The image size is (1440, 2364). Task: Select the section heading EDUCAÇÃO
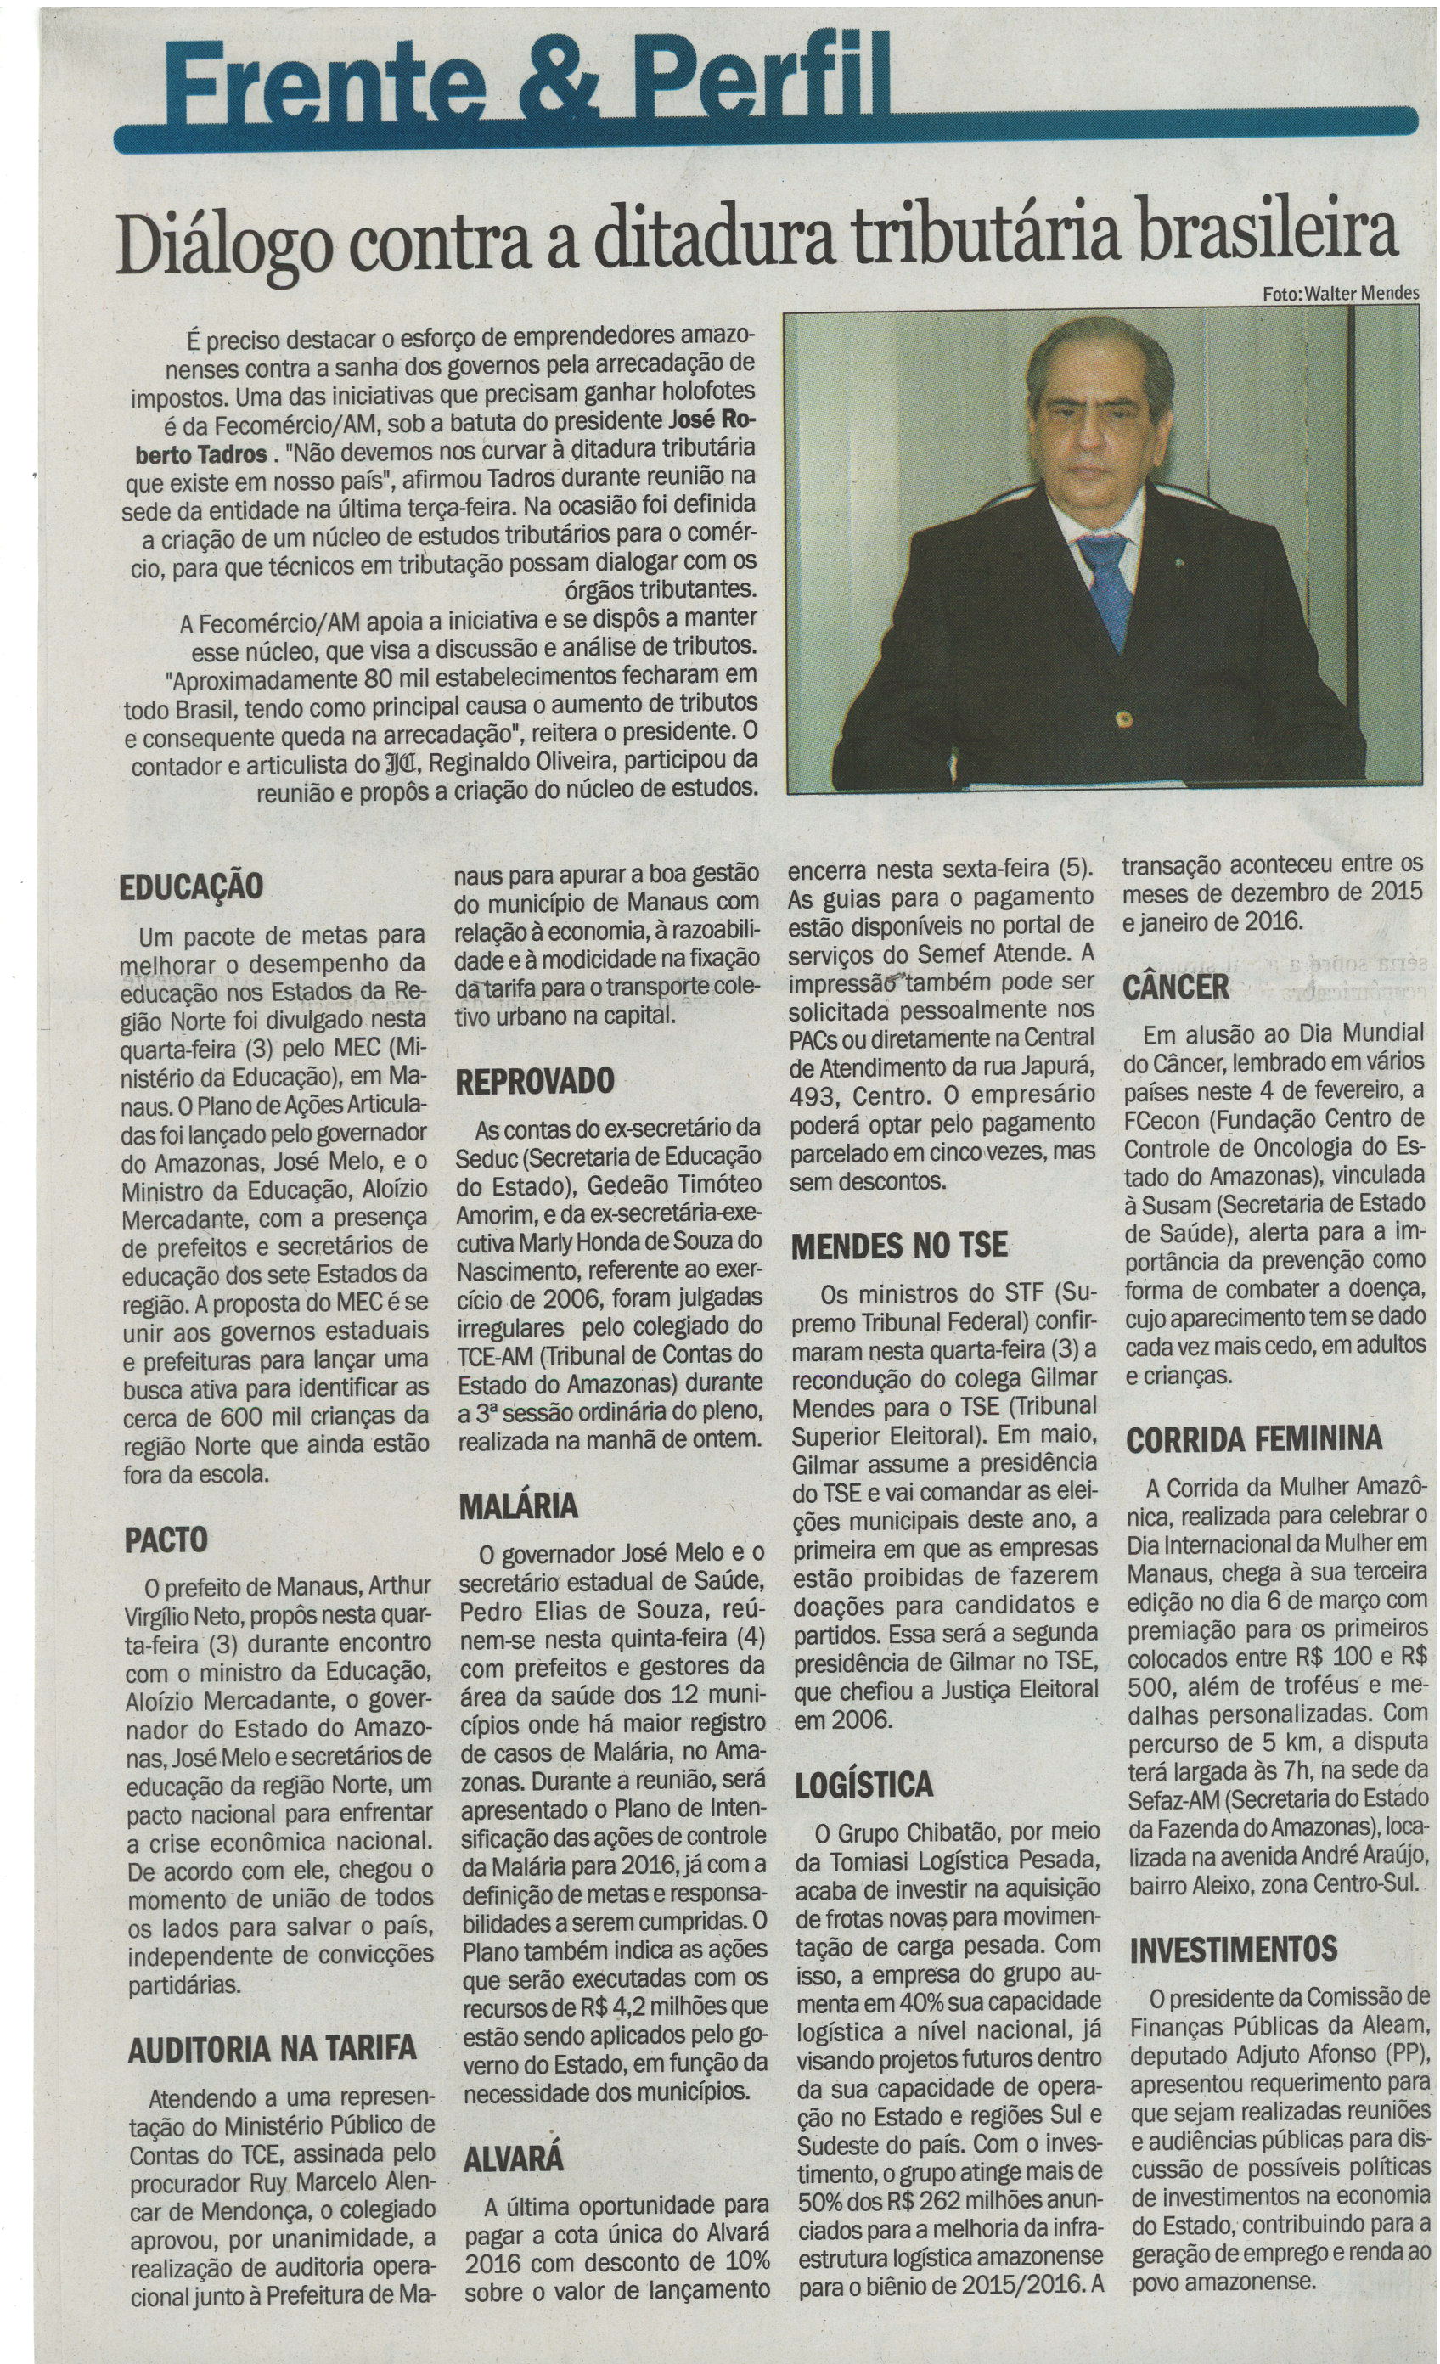pos(191,885)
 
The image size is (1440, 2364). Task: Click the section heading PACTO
pos(165,1539)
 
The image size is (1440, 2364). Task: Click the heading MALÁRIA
pos(518,1505)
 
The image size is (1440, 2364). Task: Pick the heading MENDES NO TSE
pos(899,1246)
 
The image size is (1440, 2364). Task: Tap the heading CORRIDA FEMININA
pos(1254,1439)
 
